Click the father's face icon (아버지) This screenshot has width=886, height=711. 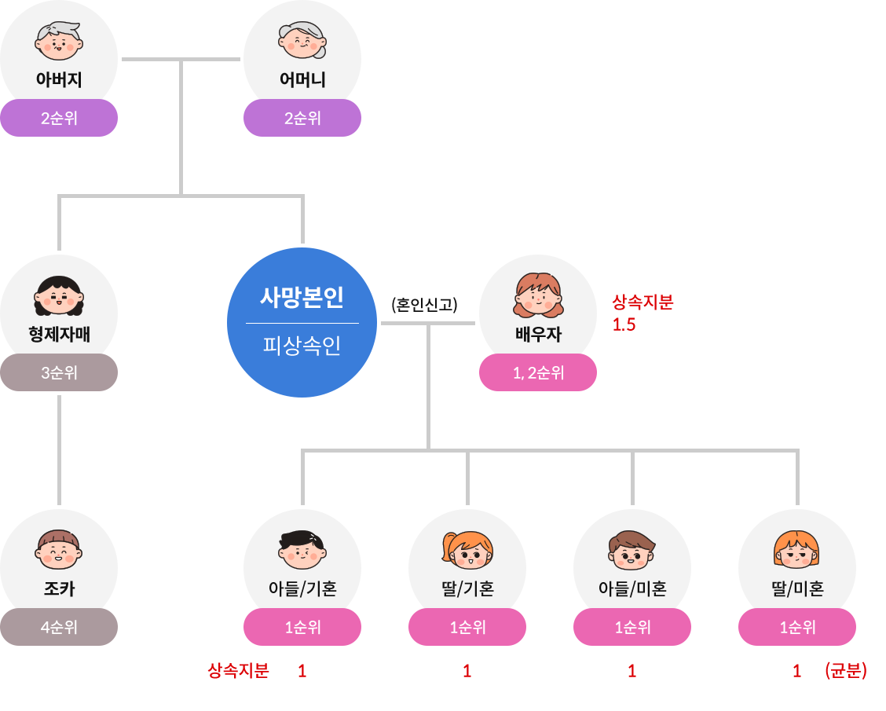[x=59, y=40]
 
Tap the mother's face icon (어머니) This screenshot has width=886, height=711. [x=302, y=40]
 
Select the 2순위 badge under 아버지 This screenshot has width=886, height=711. [x=59, y=119]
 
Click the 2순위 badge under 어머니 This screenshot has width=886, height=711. [x=302, y=119]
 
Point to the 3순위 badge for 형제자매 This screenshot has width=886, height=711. [x=59, y=372]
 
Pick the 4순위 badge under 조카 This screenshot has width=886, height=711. [x=59, y=627]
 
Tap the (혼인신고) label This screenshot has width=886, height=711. [x=424, y=304]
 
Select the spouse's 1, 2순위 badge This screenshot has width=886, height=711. [x=538, y=372]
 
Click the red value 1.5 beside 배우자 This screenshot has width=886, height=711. [x=624, y=324]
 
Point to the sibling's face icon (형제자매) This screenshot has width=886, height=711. [x=59, y=295]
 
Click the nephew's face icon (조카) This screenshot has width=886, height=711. [x=59, y=549]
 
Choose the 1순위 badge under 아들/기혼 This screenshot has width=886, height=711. [x=302, y=627]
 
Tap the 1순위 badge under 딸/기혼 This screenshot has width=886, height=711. [x=467, y=627]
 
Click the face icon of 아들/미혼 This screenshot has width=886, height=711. [x=632, y=549]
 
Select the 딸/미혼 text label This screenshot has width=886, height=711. [x=797, y=588]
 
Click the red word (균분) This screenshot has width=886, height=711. [x=846, y=671]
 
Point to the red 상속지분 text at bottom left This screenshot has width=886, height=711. [x=238, y=671]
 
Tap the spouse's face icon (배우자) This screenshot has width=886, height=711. [x=539, y=294]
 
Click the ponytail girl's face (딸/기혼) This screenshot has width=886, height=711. [x=467, y=549]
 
